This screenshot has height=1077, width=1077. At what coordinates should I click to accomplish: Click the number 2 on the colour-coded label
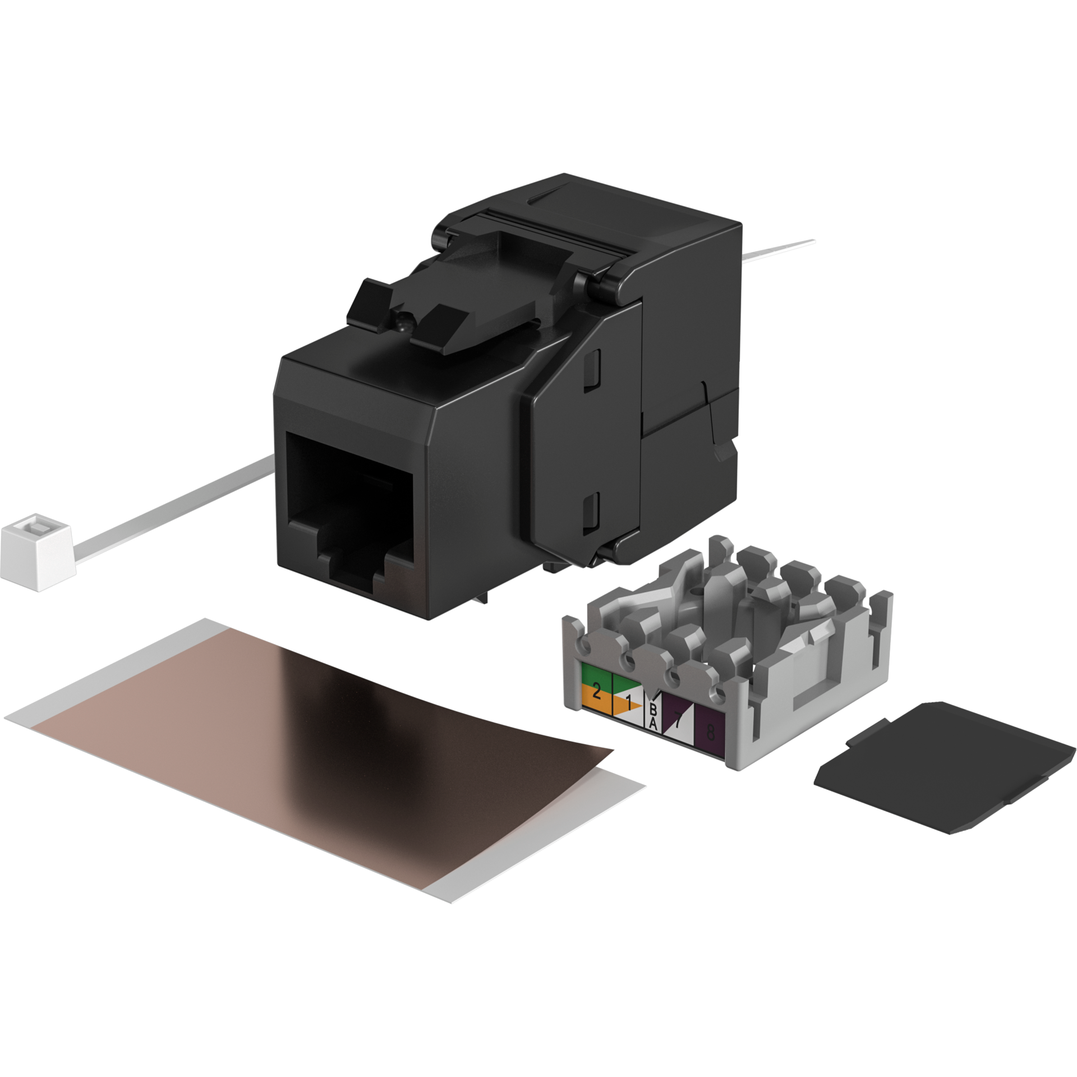pos(596,692)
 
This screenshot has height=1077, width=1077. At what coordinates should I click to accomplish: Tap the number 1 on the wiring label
pos(629,701)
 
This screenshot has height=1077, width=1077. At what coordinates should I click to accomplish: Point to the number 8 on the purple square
pos(710,732)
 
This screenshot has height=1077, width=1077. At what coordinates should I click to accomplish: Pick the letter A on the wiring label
pos(653,724)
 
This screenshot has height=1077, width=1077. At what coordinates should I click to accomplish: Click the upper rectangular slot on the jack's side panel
pos(591,370)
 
